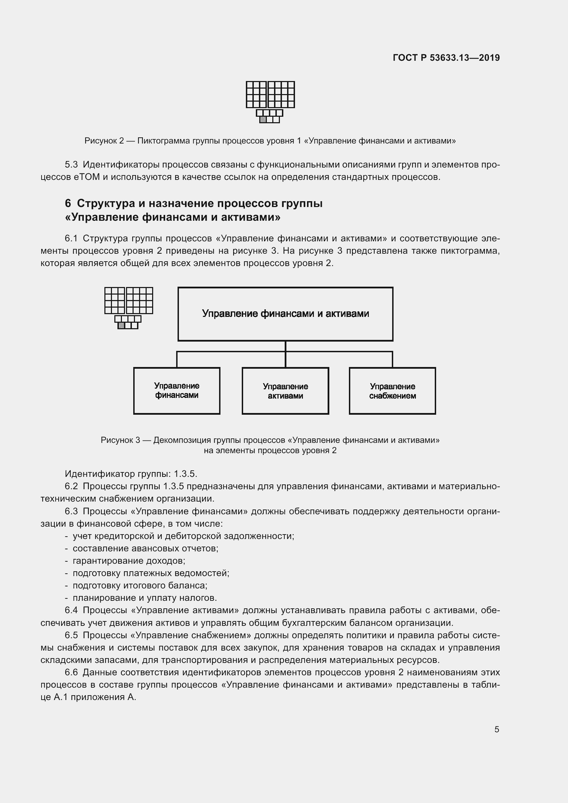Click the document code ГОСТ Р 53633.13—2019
[446, 58]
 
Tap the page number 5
[497, 729]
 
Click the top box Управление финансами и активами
[285, 314]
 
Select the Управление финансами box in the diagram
[177, 391]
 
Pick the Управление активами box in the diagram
[285, 391]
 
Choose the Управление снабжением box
[393, 391]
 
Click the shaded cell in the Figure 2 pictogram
[263, 119]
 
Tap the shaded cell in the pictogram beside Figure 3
[121, 325]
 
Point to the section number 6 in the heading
[68, 203]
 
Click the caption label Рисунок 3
[120, 440]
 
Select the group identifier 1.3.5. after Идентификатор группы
[185, 474]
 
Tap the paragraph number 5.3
[71, 164]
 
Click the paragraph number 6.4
[71, 610]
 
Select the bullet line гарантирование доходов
[129, 561]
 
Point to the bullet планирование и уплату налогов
[145, 598]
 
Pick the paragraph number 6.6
[71, 672]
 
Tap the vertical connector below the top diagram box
[285, 346]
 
